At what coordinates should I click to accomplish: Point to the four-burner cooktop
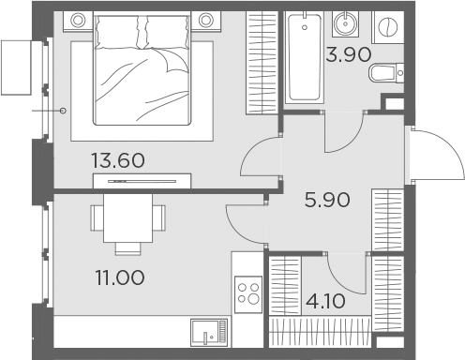[x=248, y=292]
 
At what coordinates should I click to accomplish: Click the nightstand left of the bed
[x=79, y=19]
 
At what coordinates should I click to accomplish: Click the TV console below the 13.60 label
[x=142, y=180]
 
